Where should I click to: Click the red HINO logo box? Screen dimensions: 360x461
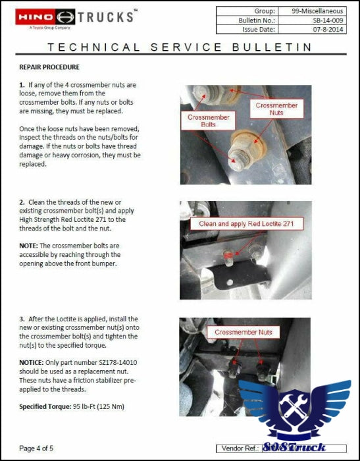(x=36, y=16)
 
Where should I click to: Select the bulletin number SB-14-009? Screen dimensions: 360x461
(x=328, y=20)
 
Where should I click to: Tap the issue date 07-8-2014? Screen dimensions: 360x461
(x=328, y=29)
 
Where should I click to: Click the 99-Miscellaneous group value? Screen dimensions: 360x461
(x=317, y=11)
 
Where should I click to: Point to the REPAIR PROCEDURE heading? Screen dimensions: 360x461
(x=49, y=67)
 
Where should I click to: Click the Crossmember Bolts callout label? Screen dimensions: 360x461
(x=209, y=121)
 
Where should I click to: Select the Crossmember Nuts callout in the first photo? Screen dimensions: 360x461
(x=276, y=109)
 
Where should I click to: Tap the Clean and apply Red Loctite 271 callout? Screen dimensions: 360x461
(x=246, y=224)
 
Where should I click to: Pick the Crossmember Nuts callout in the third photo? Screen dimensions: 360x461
(x=244, y=332)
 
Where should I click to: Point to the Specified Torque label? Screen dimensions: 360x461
(x=45, y=406)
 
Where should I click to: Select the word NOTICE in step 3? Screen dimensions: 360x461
(x=32, y=362)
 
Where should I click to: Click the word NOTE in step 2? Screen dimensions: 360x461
(x=28, y=246)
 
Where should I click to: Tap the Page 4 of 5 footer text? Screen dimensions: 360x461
(x=36, y=448)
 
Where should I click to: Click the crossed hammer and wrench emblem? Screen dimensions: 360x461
(x=294, y=406)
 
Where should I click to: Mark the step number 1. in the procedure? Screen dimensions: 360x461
(x=22, y=85)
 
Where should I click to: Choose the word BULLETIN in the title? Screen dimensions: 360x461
(x=272, y=47)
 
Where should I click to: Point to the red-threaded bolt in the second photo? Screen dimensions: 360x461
(x=228, y=257)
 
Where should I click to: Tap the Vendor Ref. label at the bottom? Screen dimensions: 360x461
(x=240, y=448)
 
